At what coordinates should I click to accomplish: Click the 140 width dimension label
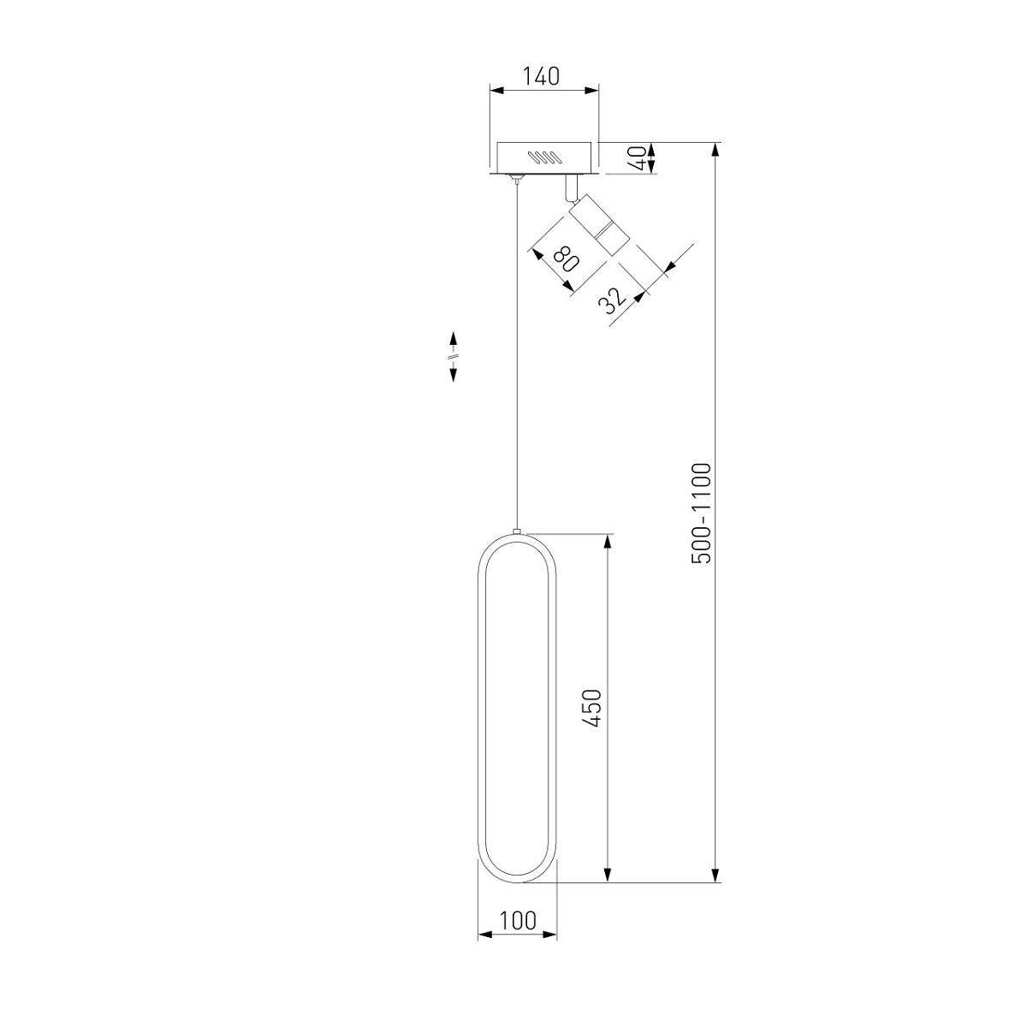tap(540, 76)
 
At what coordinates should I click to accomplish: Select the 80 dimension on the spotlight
tap(565, 259)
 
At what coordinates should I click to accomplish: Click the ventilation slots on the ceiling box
tap(544, 157)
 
